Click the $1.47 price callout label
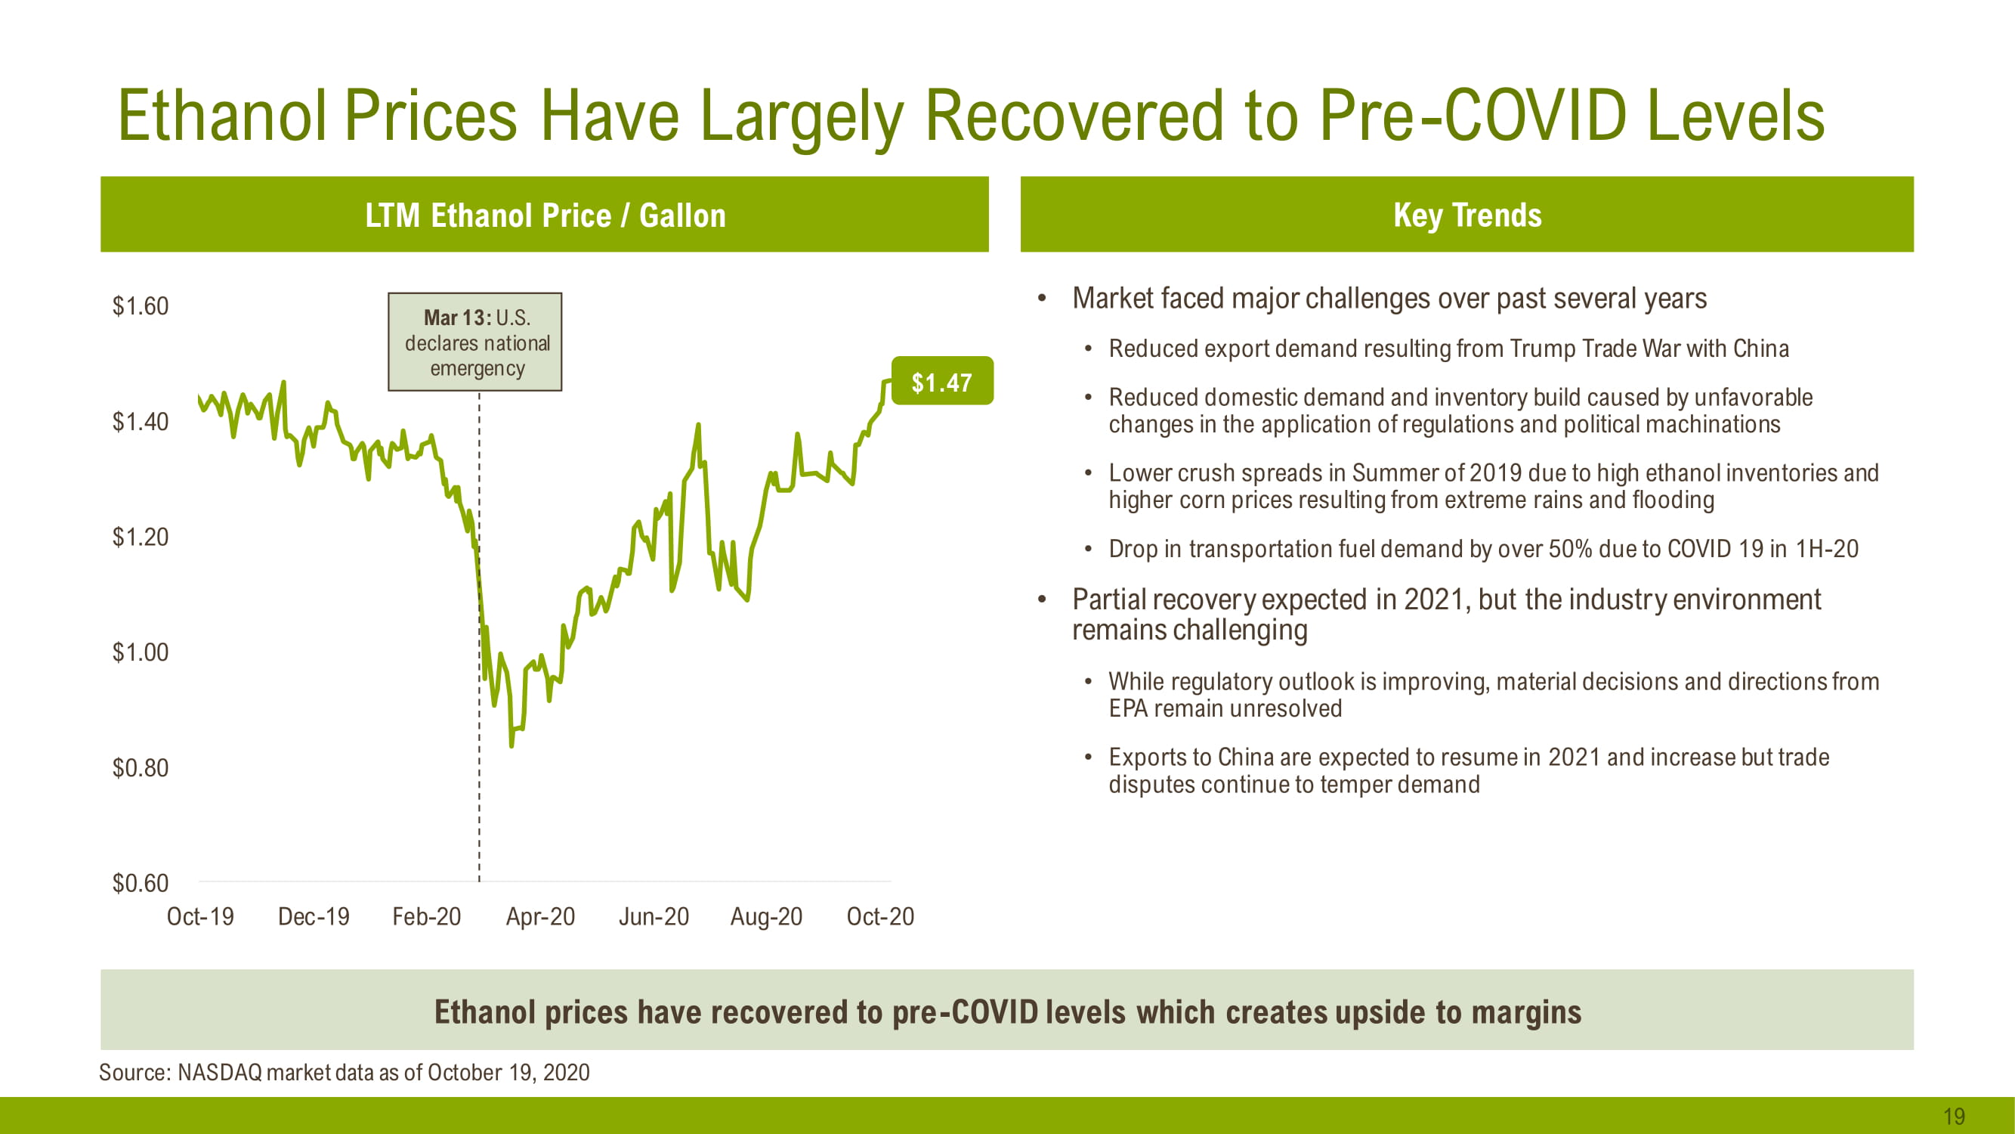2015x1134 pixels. [x=942, y=382]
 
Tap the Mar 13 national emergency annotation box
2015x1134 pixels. [x=474, y=342]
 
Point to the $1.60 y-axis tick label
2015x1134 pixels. [x=140, y=306]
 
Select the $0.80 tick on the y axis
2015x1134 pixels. [x=140, y=768]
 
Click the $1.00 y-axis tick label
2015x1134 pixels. [x=140, y=652]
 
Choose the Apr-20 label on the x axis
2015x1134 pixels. [x=539, y=916]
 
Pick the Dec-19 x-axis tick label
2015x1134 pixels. [x=313, y=916]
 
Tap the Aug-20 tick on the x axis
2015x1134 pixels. [x=766, y=916]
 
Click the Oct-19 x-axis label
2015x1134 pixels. [x=200, y=916]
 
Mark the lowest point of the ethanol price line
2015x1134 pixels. [x=511, y=745]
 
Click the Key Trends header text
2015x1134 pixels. [x=1466, y=215]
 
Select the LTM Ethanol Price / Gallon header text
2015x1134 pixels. [x=545, y=215]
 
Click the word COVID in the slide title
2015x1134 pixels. [x=1534, y=116]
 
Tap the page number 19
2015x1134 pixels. [x=1953, y=1116]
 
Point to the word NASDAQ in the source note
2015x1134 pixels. [x=220, y=1072]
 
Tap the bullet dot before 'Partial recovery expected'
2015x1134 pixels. [x=1042, y=600]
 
